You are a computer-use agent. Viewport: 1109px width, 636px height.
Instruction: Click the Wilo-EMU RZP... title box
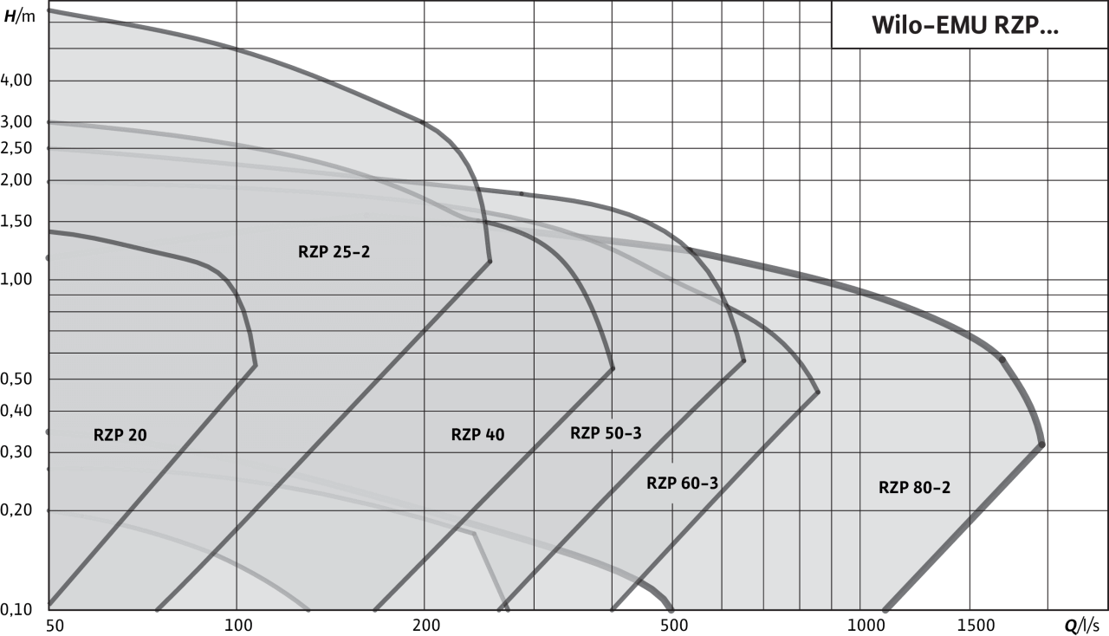coord(970,25)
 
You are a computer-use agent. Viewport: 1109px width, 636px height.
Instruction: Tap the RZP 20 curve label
coord(120,435)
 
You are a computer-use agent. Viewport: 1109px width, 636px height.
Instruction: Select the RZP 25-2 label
coord(334,251)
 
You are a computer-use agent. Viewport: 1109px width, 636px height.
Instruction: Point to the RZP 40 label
coord(477,434)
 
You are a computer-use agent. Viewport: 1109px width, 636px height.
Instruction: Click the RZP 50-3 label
coord(606,433)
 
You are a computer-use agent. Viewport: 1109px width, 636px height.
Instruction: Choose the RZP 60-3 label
coord(682,483)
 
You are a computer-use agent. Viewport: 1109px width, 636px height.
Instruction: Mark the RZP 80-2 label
coord(914,488)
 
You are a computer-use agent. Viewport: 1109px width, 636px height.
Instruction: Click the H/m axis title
coord(20,16)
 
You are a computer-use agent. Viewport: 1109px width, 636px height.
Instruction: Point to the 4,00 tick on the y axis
coord(16,80)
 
